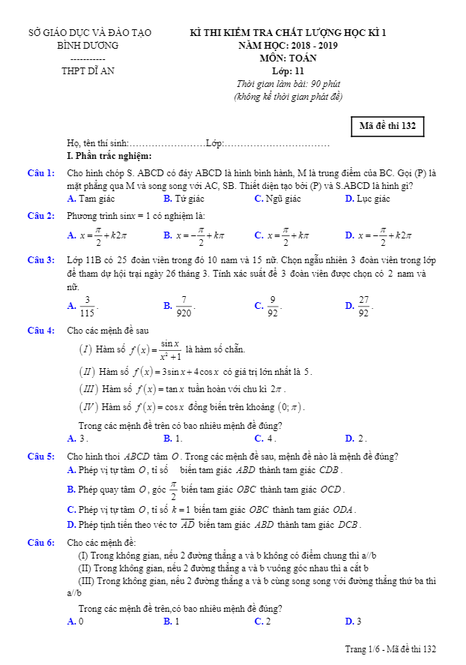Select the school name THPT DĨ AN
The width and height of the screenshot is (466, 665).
[88, 71]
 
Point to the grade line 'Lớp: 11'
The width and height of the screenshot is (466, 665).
[288, 71]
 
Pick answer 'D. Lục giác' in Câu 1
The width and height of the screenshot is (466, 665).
[367, 199]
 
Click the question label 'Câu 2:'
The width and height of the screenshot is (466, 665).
[41, 216]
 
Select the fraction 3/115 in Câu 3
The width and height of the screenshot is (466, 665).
[88, 305]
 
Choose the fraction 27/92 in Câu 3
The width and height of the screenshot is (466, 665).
[364, 305]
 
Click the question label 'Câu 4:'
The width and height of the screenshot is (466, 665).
[41, 331]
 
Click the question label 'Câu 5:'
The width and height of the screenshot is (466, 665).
[41, 457]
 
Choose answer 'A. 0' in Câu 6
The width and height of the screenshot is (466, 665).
[75, 622]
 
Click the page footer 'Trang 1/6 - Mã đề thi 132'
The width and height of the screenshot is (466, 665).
[390, 649]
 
